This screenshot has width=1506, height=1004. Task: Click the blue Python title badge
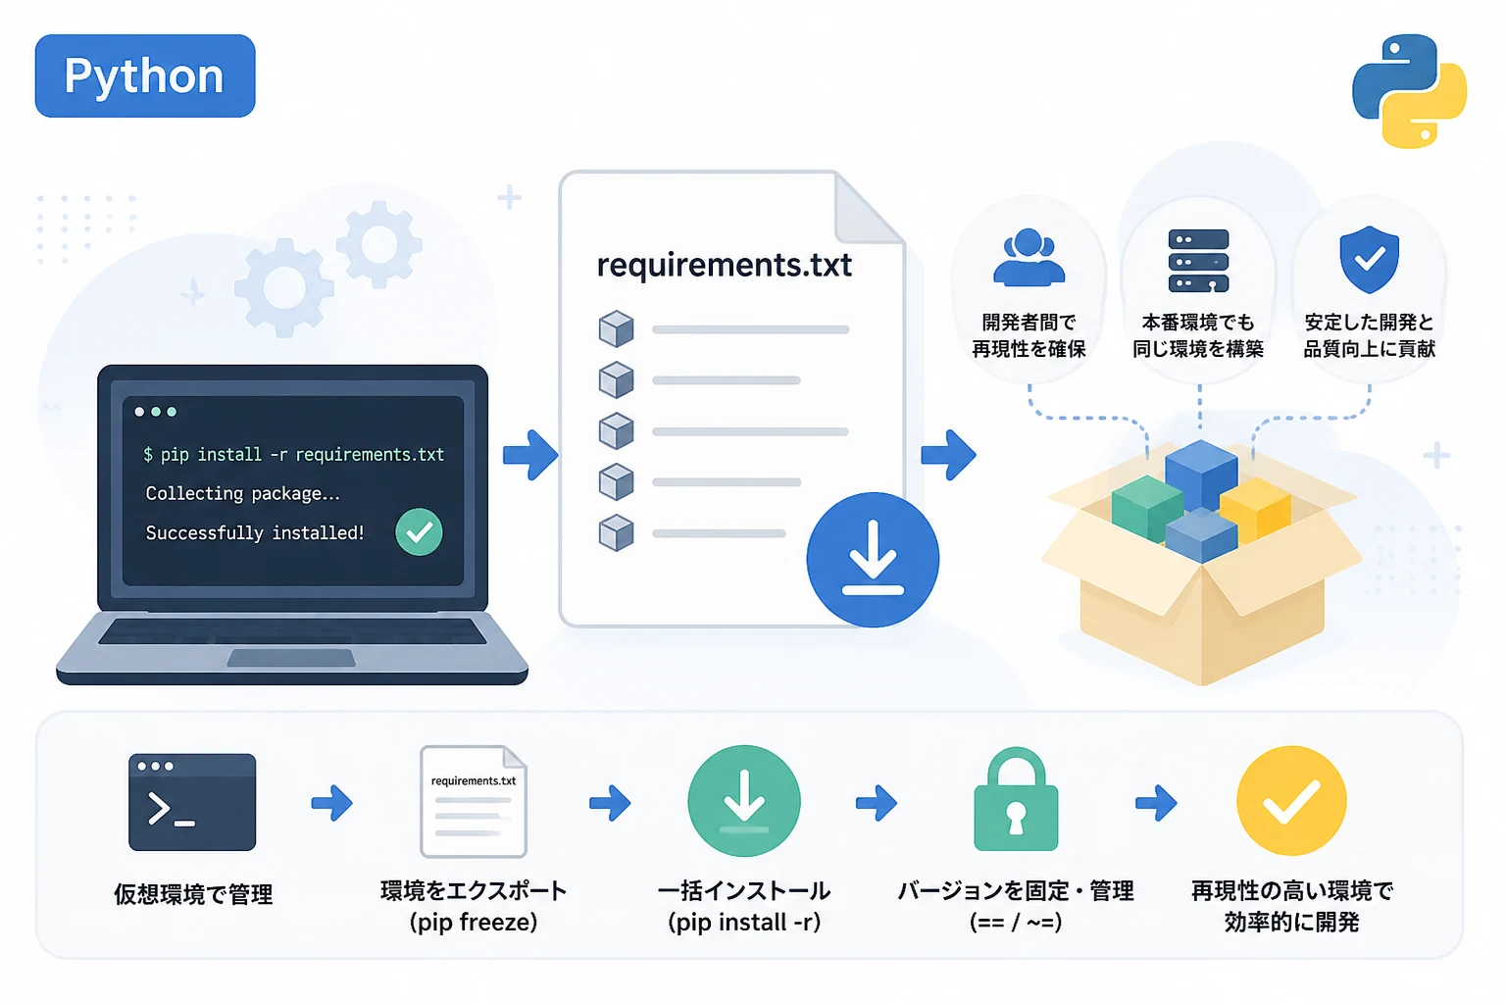145,76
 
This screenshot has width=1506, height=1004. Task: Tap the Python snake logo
1409,91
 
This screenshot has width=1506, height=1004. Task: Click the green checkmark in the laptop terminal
419,532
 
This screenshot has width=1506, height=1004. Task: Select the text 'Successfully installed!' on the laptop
255,532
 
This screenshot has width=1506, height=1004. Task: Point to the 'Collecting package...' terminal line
243,493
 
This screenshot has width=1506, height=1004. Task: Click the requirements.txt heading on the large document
725,265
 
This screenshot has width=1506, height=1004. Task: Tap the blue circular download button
873,560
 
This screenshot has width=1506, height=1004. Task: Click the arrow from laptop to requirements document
530,455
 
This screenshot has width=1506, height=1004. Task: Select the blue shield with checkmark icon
1370,260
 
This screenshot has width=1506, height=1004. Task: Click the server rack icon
1199,261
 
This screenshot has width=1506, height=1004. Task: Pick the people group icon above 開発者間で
1029,258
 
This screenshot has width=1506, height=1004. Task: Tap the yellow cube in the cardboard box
1256,509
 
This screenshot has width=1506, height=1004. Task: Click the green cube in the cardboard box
1147,508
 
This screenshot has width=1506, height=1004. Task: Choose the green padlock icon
1016,799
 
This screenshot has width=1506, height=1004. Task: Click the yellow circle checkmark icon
1291,800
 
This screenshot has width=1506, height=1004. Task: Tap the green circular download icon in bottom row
744,800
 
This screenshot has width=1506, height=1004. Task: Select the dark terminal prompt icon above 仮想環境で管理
192,802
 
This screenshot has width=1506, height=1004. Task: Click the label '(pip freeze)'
474,922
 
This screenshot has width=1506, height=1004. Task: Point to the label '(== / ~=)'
1016,922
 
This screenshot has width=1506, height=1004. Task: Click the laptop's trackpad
291,658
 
